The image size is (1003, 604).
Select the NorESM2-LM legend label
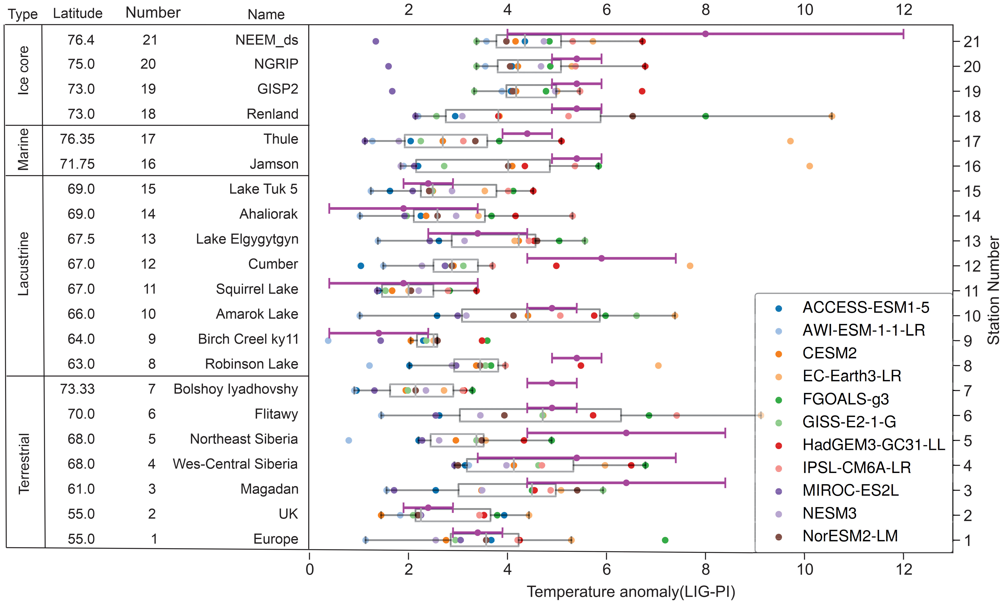(850, 536)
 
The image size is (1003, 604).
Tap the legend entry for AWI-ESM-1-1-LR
(863, 330)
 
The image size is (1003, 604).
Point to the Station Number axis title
(994, 290)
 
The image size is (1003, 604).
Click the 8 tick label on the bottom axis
(705, 569)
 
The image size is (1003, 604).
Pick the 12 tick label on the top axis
(904, 10)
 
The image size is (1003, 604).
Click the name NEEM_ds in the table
(267, 40)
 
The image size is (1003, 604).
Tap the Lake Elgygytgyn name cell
(247, 239)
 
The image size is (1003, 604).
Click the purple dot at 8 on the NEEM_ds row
(705, 34)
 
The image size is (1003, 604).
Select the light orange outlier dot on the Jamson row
(809, 166)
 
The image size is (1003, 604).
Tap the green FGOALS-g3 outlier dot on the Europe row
(665, 540)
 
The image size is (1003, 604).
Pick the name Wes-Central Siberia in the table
(235, 464)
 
